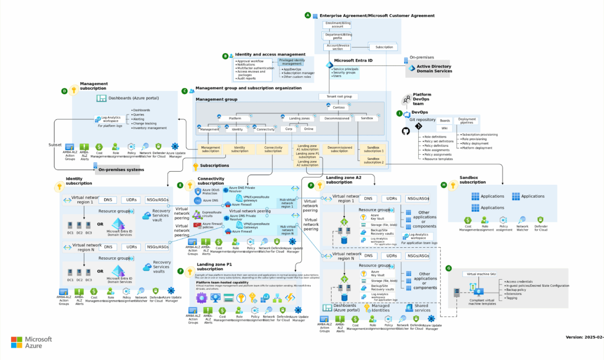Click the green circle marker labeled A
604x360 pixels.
pos(307,15)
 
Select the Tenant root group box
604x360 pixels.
pos(339,96)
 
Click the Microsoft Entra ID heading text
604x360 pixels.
pos(353,60)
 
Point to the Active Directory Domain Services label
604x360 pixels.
pos(434,69)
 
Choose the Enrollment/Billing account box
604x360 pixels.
pos(337,24)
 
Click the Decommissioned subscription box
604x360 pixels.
pos(339,149)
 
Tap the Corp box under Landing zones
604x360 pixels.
pos(289,129)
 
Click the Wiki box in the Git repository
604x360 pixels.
pos(445,128)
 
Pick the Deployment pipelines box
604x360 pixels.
pos(467,120)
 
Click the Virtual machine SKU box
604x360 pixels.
pos(480,274)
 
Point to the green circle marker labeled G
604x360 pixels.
pos(449,268)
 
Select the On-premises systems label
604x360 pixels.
pos(121,170)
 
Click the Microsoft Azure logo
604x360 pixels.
pos(32,343)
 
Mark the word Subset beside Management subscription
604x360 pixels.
pos(55,145)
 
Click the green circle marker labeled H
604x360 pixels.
pos(444,185)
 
